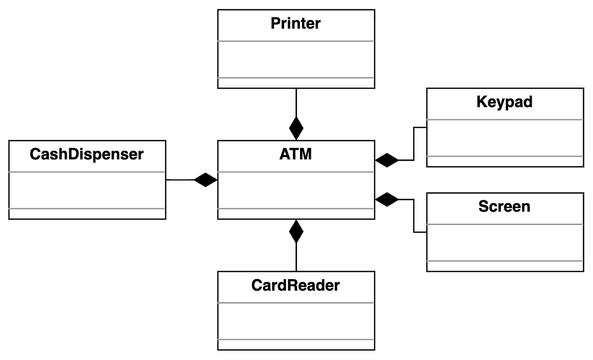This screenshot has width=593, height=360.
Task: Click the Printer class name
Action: tap(296, 23)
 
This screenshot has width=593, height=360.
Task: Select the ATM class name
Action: tap(296, 154)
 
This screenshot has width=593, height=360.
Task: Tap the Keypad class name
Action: tap(505, 102)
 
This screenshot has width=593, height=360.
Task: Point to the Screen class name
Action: tap(505, 206)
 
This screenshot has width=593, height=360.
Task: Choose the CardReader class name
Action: tap(296, 285)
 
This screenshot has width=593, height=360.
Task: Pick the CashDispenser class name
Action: tap(87, 154)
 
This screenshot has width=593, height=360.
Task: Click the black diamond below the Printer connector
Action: tap(296, 129)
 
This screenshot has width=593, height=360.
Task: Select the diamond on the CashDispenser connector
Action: tap(206, 180)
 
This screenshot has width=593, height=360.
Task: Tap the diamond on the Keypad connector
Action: tap(387, 160)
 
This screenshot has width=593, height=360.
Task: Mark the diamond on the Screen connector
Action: tap(387, 199)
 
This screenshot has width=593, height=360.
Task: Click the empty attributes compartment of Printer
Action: tap(296, 59)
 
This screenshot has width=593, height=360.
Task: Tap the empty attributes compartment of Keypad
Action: tap(505, 137)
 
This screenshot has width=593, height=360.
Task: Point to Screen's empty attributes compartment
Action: tap(505, 242)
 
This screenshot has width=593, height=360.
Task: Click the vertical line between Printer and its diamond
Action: tap(296, 102)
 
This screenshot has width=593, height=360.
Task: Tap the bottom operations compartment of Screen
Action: tap(505, 266)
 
